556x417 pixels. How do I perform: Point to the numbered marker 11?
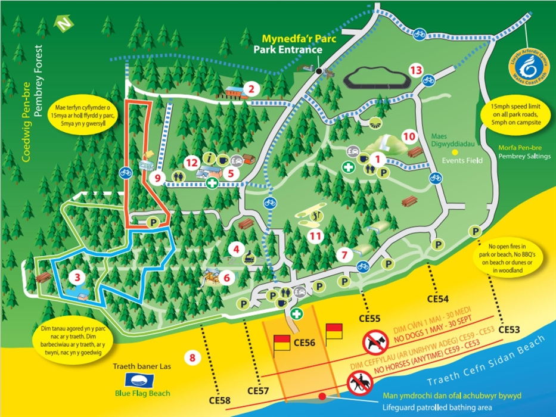[x=315, y=236]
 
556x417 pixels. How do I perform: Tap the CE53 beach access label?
[x=510, y=329]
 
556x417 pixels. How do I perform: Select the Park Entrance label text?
[x=287, y=50]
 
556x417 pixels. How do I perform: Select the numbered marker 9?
[x=158, y=177]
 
